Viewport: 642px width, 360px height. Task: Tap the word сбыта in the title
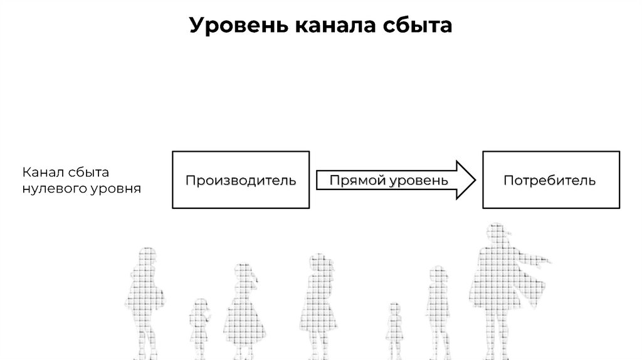pyautogui.click(x=418, y=26)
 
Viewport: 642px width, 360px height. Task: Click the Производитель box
pyautogui.click(x=241, y=180)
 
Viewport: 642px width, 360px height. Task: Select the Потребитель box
pyautogui.click(x=550, y=180)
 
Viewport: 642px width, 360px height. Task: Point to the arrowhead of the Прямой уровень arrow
pyautogui.click(x=463, y=180)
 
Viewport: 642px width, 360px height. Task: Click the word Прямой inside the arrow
pyautogui.click(x=357, y=181)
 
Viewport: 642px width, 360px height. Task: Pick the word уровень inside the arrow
pyautogui.click(x=419, y=181)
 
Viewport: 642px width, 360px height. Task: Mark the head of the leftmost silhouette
pyautogui.click(x=147, y=257)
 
